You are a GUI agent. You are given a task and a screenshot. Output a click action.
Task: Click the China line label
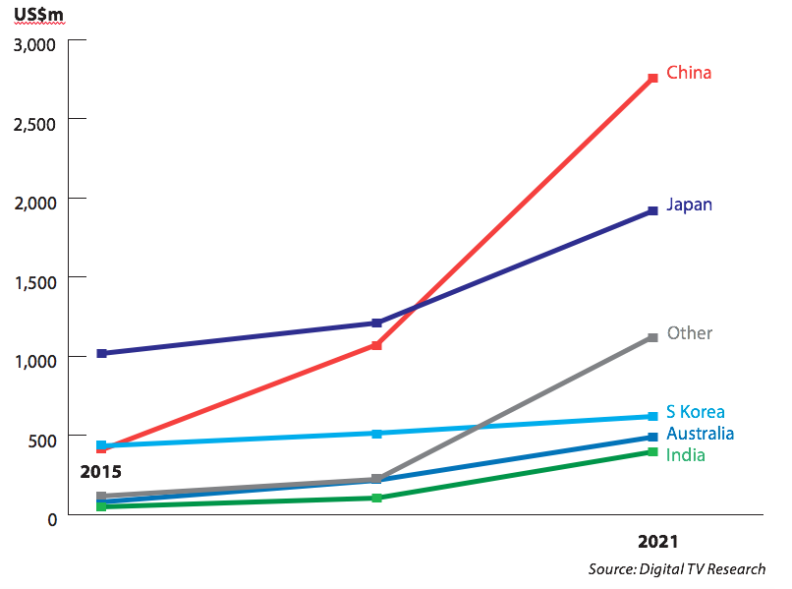[688, 73]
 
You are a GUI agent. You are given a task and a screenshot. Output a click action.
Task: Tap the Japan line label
[688, 206]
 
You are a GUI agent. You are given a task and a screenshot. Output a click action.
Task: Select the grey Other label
[689, 333]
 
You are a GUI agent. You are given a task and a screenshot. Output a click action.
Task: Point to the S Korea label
[695, 412]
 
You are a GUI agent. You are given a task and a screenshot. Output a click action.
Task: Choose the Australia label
[700, 434]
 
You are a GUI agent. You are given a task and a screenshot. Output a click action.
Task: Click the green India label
[685, 454]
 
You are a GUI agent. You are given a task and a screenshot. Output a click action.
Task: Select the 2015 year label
[100, 473]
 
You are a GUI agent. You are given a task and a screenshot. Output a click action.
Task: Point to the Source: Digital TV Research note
[676, 569]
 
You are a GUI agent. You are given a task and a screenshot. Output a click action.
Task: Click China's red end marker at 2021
[652, 79]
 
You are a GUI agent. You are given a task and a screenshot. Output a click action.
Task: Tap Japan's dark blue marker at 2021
[652, 211]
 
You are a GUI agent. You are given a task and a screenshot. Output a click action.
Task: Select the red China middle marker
[376, 345]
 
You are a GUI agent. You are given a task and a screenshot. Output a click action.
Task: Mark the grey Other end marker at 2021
[652, 338]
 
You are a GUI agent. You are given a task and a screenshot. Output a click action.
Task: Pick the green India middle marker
[376, 498]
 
